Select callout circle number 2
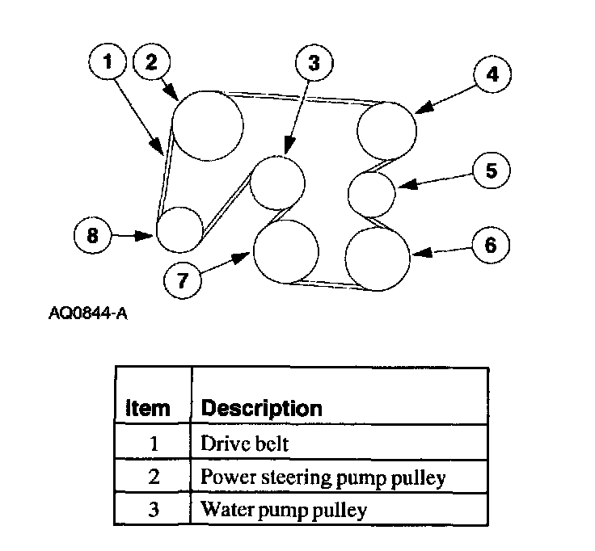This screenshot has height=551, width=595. click(x=152, y=62)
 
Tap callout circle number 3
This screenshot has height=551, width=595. click(x=314, y=62)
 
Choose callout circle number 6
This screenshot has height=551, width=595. click(x=490, y=245)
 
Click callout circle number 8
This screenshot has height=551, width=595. click(x=92, y=235)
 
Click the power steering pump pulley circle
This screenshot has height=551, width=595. click(x=208, y=125)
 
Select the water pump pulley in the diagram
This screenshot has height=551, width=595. click(x=277, y=182)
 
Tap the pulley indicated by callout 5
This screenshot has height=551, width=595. click(x=371, y=193)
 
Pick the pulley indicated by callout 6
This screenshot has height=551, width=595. click(x=378, y=258)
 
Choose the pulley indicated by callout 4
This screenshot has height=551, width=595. click(x=387, y=130)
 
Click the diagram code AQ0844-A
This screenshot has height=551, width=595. click(x=87, y=312)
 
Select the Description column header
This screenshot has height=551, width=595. click(x=260, y=408)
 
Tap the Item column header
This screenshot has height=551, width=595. click(x=148, y=408)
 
